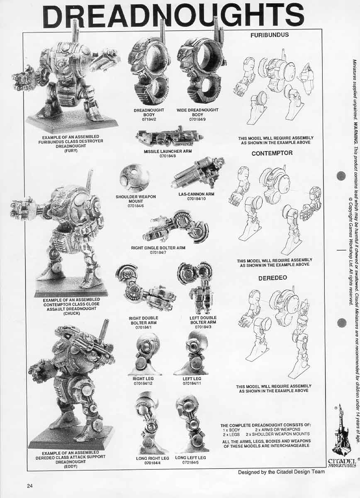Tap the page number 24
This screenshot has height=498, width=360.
[x=29, y=486]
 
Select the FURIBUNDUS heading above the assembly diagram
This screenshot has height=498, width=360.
[x=269, y=35]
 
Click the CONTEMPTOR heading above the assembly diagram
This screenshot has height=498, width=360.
[x=272, y=153]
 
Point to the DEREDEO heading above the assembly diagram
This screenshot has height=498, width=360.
[x=272, y=278]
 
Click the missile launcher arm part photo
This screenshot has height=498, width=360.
[x=170, y=137]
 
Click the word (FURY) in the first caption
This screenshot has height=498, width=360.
[x=71, y=150]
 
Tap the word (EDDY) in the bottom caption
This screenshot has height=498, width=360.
[x=71, y=466]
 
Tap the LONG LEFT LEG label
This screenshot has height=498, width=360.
[x=190, y=458]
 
